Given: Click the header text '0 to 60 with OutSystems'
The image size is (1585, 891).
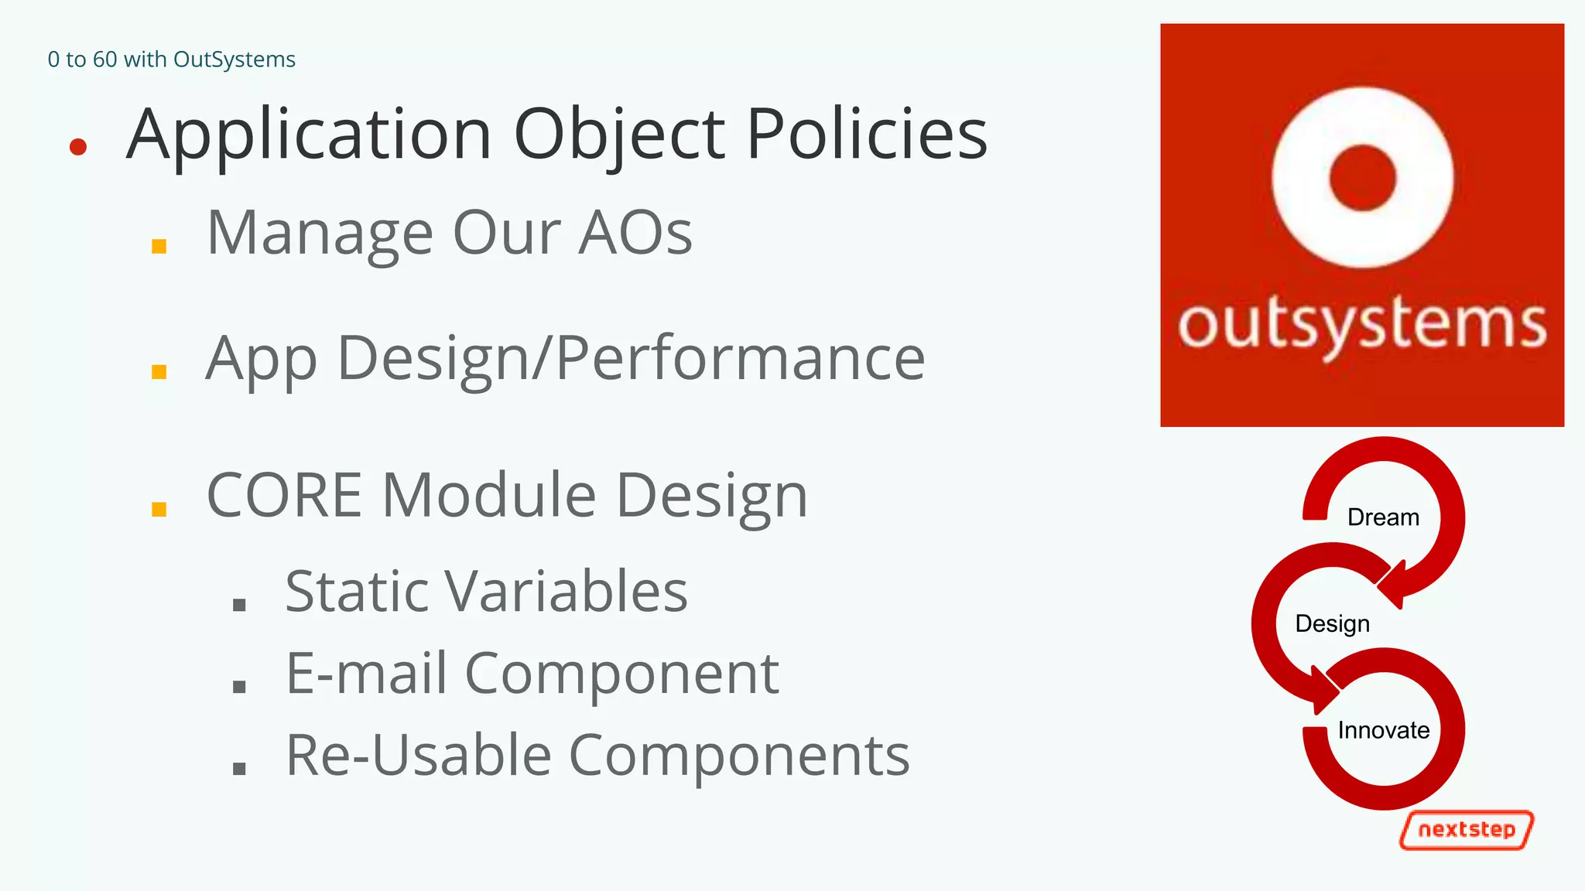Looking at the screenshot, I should [171, 60].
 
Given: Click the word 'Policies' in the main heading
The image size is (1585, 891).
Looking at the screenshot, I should [867, 135].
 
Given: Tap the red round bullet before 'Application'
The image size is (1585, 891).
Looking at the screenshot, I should [77, 146].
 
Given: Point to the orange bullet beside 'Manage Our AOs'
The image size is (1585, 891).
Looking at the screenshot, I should [159, 246].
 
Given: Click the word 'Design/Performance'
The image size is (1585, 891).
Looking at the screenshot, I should [631, 359].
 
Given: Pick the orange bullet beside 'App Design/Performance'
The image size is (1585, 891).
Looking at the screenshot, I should [159, 371].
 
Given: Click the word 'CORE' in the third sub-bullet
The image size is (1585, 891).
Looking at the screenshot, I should [284, 495].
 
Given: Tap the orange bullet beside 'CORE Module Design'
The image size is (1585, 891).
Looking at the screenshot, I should [159, 509].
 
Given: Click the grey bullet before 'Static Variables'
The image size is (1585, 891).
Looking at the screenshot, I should [239, 604].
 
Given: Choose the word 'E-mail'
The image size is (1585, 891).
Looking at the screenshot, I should [366, 674].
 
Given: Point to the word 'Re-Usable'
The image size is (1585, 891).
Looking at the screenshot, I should [418, 756].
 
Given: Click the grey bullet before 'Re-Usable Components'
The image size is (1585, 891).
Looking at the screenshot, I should [239, 768].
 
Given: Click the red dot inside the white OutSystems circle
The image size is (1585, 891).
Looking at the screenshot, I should [1362, 177].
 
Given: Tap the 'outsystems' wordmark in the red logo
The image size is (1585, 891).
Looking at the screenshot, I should [1362, 325].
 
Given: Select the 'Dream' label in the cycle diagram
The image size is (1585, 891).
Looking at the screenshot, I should [1383, 517].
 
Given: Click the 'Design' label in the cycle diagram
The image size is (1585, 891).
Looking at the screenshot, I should [1332, 623].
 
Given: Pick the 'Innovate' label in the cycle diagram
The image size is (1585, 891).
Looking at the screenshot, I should [1383, 730].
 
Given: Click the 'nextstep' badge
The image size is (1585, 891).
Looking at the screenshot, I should [1467, 830].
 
